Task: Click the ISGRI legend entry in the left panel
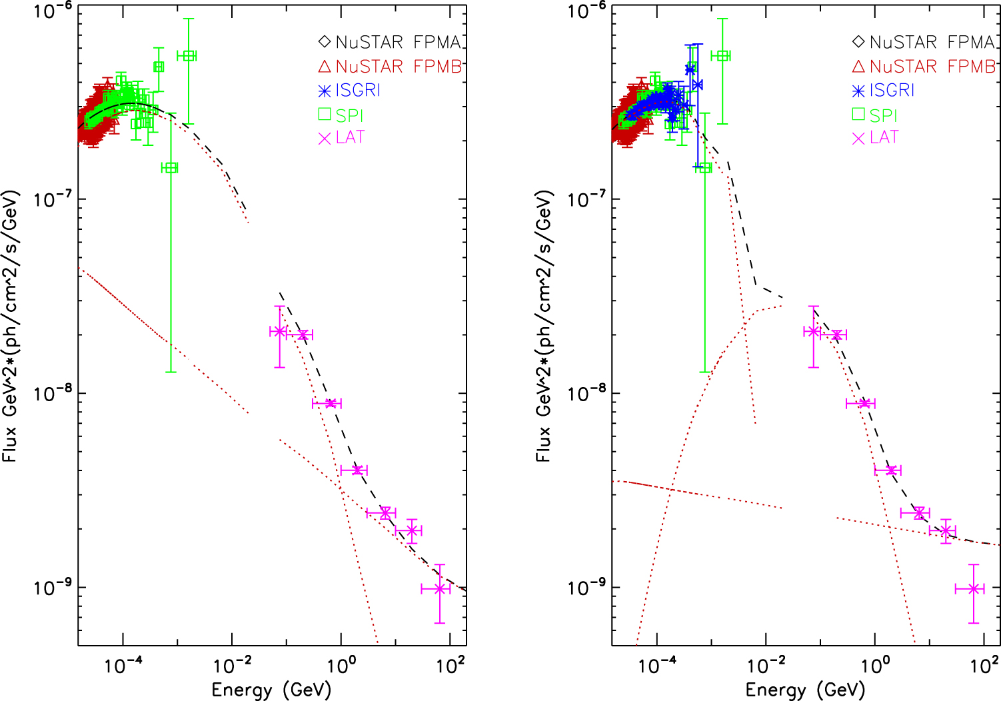[x=357, y=91]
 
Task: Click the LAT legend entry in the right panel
[x=884, y=137]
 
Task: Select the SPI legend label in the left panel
[x=349, y=115]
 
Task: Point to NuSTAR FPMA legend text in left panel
[x=399, y=43]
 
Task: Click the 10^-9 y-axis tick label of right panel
[x=587, y=588]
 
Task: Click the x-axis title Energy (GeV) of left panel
[x=271, y=690]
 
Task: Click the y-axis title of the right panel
[x=544, y=327]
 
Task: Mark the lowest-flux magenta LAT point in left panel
[x=439, y=589]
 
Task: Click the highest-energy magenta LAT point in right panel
[x=974, y=589]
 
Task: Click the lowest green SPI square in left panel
[x=171, y=168]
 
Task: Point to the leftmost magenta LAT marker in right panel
[x=812, y=331]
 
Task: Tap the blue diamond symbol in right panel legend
[x=858, y=43]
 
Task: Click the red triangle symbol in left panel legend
[x=325, y=67]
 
